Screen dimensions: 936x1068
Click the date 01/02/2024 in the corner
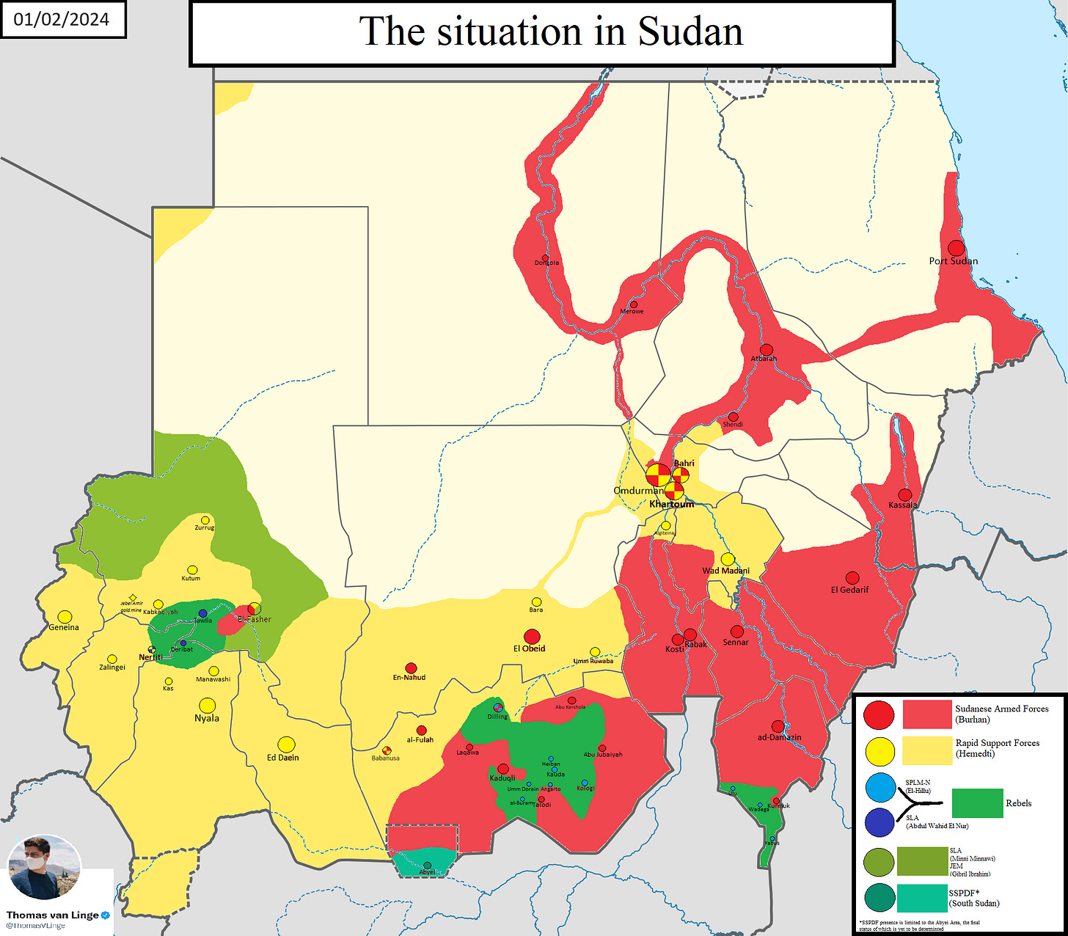tap(62, 19)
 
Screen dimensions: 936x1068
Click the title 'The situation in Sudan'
tap(550, 32)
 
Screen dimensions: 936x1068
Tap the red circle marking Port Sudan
tap(956, 248)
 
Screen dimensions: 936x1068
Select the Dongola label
tap(546, 263)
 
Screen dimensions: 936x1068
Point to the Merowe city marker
tap(634, 304)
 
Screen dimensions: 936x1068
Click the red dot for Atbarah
tap(767, 350)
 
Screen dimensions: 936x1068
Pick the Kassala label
tap(902, 505)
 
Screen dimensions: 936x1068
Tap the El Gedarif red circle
tap(852, 578)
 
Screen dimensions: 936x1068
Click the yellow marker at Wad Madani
tap(728, 560)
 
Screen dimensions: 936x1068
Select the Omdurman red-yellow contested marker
tap(658, 475)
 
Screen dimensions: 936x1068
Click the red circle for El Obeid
tap(532, 636)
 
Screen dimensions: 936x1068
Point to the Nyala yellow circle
tap(208, 705)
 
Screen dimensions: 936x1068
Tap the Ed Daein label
tap(283, 758)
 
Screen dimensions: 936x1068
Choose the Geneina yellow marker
tap(65, 617)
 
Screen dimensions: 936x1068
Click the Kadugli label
tap(502, 778)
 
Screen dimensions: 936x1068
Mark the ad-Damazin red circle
tap(778, 726)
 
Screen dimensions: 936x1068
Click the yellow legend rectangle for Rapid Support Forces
tap(926, 750)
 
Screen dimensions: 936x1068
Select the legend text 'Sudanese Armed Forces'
tap(1001, 709)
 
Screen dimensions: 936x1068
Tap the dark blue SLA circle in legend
tap(879, 822)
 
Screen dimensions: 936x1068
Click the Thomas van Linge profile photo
tap(44, 867)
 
